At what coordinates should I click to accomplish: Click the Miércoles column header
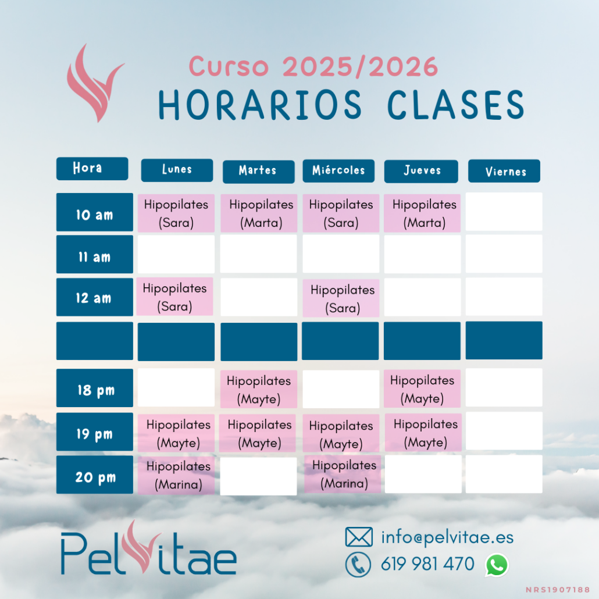(338, 171)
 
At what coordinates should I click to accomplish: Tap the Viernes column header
(504, 171)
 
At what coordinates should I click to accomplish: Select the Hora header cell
(92, 169)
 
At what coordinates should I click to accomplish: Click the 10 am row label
(95, 212)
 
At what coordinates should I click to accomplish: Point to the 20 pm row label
(95, 475)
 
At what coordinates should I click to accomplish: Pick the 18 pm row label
(95, 388)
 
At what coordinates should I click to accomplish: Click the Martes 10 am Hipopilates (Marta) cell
(259, 213)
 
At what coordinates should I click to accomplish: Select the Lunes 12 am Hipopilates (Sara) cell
(174, 297)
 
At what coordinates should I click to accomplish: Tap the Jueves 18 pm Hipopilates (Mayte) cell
(422, 388)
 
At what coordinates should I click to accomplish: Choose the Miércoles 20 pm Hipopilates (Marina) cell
(343, 474)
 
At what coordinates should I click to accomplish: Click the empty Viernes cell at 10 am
(504, 212)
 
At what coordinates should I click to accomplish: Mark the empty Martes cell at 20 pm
(259, 476)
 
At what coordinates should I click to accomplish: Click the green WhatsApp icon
(497, 565)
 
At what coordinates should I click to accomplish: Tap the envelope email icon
(359, 537)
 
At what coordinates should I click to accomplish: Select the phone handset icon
(358, 565)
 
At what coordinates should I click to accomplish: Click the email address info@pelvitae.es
(447, 537)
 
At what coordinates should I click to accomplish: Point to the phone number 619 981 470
(427, 564)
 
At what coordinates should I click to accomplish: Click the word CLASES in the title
(456, 105)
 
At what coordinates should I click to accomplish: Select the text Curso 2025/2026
(313, 67)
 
